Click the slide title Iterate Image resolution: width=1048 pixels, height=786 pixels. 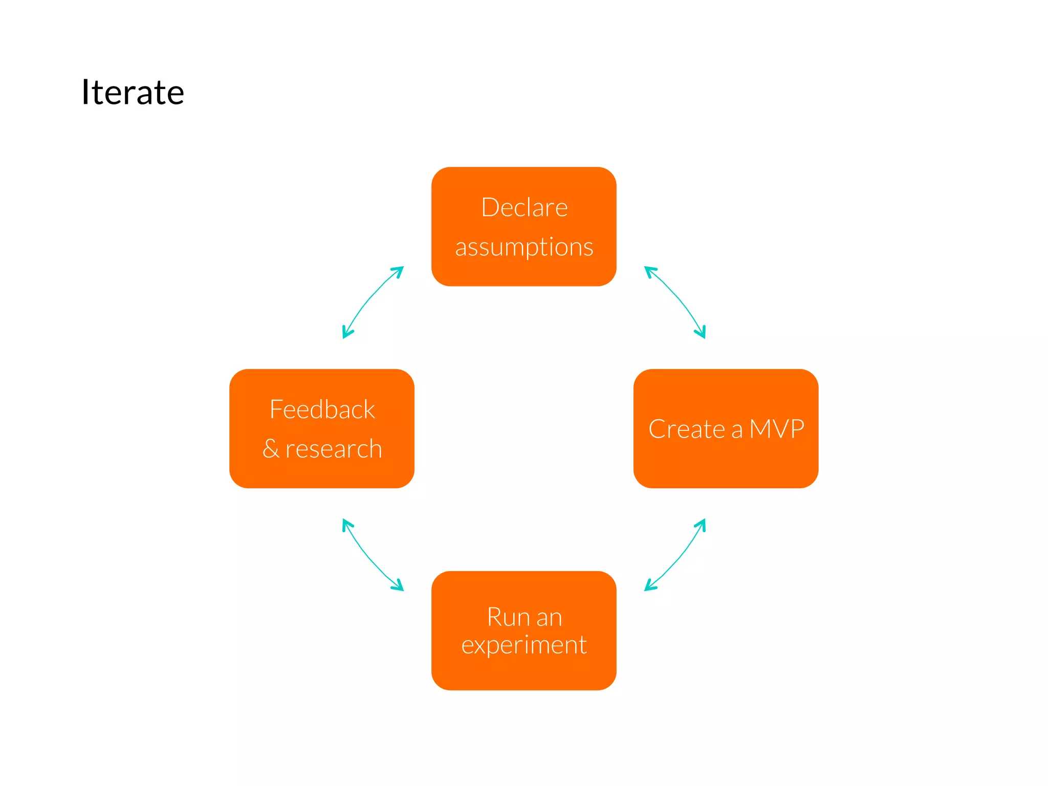(x=133, y=93)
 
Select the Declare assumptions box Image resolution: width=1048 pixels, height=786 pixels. (x=523, y=226)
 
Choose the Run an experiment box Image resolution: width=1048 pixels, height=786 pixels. (x=523, y=670)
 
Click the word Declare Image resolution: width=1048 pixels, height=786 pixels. (x=525, y=208)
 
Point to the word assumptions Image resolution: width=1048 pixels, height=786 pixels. (x=524, y=248)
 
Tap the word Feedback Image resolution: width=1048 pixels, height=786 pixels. (x=322, y=409)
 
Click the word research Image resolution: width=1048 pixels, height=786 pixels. (x=334, y=449)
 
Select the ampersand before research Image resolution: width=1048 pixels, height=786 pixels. (x=271, y=449)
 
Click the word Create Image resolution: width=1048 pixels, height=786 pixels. (x=687, y=429)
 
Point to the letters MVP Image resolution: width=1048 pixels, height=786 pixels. (x=777, y=429)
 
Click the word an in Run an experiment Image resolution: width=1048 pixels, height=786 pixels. (x=549, y=618)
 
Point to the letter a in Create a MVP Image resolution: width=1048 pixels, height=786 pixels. (x=737, y=430)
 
